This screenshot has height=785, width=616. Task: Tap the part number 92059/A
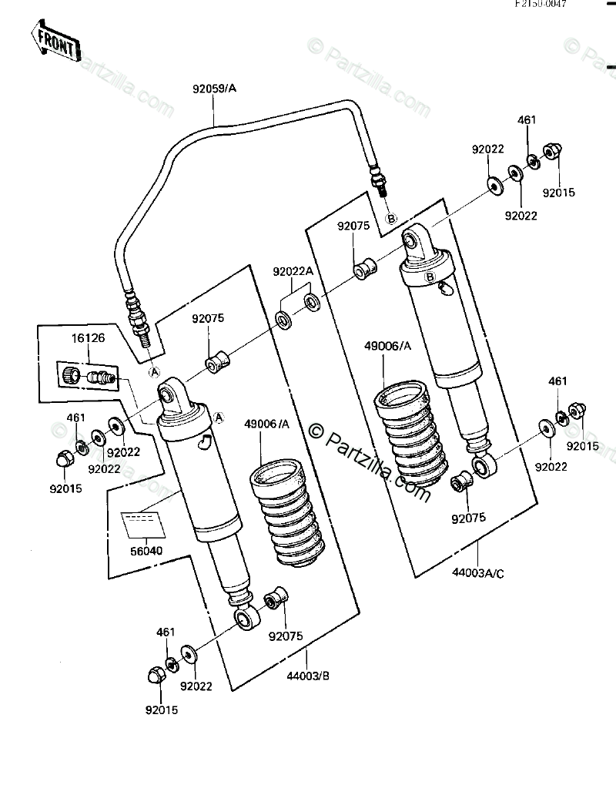[x=214, y=89]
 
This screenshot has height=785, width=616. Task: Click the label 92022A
[x=293, y=271]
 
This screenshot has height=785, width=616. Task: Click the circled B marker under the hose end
[x=390, y=219]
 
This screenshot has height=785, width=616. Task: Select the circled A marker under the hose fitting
[x=154, y=371]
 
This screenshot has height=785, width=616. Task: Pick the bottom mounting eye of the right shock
[x=484, y=465]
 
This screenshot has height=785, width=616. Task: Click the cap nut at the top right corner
[x=552, y=152]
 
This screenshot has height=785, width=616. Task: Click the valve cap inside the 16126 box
[x=70, y=375]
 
